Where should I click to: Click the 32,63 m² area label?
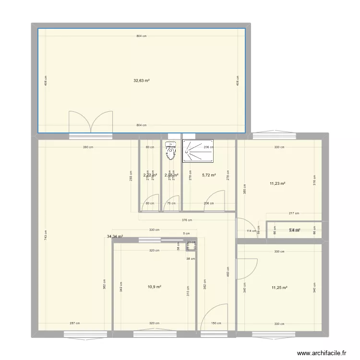point(141,81)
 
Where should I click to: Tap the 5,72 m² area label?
point(208,175)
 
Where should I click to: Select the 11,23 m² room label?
point(278,183)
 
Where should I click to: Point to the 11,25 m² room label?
point(279,288)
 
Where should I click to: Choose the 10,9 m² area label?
point(154,287)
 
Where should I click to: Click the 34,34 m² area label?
point(115,236)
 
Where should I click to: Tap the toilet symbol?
point(170,151)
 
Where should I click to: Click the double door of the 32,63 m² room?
point(91,121)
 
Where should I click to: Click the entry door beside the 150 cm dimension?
point(214,318)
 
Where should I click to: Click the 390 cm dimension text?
point(88,147)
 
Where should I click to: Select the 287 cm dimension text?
point(74,323)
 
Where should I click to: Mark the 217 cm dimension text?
point(294,213)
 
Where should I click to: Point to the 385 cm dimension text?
point(244,190)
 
